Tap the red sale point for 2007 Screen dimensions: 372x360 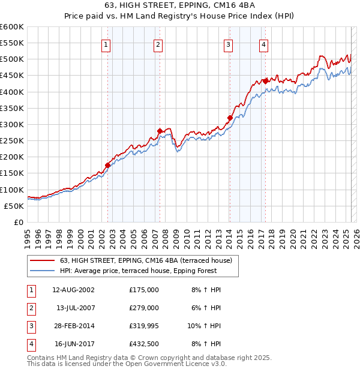tap(160, 131)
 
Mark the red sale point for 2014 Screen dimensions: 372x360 tap(230, 118)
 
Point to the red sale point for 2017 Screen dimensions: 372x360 tap(265, 81)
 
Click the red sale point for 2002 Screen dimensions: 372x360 tap(107, 165)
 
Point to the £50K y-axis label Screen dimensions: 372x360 tap(14, 206)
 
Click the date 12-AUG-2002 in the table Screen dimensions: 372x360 tap(74, 290)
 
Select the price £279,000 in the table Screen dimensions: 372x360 tap(144, 308)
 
